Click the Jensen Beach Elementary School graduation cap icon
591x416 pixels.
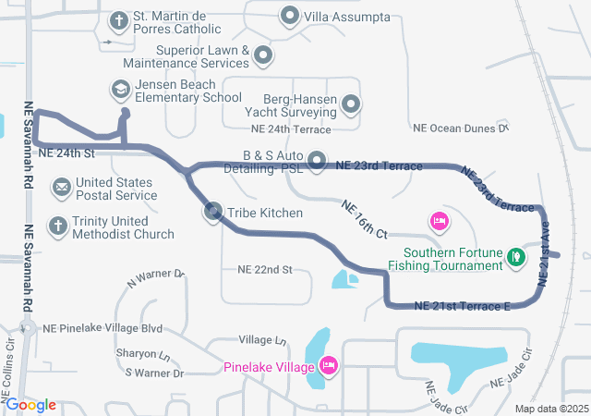[x=120, y=90]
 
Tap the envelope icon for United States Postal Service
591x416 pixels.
[x=62, y=189]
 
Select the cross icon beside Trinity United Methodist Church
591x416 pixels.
[x=57, y=226]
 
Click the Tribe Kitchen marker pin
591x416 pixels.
[x=213, y=214]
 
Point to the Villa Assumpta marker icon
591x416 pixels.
[x=290, y=17]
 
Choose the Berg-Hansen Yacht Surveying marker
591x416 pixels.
[x=351, y=104]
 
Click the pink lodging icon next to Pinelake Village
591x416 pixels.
[x=328, y=367]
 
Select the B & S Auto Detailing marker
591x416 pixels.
[x=317, y=162]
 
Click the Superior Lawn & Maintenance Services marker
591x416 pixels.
[x=263, y=55]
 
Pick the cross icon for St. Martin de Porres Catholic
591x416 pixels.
[x=119, y=18]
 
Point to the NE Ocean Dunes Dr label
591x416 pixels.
[x=460, y=128]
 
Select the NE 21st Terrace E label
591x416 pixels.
[x=462, y=306]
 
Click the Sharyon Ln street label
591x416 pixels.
[x=142, y=354]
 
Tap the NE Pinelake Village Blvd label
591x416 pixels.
[x=101, y=328]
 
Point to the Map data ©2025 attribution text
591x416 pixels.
[x=550, y=409]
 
